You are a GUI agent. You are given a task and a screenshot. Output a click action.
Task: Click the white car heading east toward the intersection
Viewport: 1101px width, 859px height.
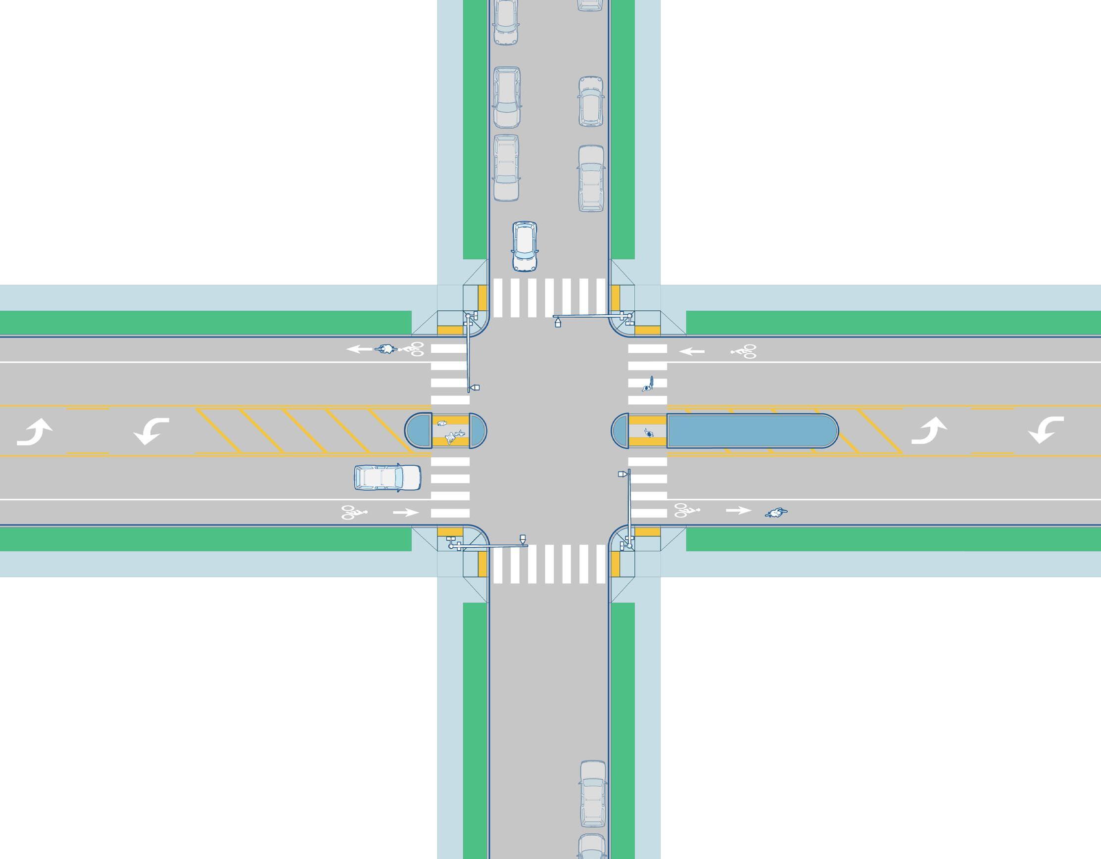click(387, 477)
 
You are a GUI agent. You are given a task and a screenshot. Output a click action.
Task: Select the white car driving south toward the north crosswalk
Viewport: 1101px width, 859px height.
click(525, 246)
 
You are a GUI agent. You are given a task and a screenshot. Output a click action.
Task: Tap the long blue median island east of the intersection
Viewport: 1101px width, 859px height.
click(752, 430)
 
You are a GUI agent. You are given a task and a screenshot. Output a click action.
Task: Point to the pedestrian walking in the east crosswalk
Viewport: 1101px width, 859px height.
click(648, 384)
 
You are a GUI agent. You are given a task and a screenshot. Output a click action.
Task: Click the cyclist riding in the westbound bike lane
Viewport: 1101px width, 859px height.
click(385, 349)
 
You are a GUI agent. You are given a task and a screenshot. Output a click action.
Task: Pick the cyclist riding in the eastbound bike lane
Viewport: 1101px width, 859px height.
click(776, 513)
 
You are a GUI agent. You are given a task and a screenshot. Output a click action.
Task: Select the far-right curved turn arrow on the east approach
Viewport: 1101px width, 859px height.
click(1046, 430)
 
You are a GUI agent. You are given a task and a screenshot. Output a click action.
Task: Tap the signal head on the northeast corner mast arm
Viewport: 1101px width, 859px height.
click(558, 322)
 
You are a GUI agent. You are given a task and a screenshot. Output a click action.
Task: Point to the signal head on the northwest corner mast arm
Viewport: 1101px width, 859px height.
click(475, 387)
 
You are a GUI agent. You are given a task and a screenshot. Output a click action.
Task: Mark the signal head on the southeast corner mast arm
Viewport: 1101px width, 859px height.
click(622, 474)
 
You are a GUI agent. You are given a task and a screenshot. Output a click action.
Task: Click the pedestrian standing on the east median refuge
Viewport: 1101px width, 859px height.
click(649, 432)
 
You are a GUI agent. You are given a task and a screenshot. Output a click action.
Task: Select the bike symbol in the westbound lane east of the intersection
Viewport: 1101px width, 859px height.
click(744, 351)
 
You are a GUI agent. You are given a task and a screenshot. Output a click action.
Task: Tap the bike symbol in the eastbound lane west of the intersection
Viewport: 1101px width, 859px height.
click(354, 512)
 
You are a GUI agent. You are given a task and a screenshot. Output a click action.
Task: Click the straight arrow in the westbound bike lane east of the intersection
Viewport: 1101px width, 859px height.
click(692, 351)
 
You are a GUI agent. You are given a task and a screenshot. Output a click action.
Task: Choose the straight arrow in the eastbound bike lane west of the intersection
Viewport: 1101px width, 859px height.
click(405, 513)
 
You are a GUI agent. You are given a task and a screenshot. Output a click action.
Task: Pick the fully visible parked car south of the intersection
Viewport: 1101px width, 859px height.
click(592, 794)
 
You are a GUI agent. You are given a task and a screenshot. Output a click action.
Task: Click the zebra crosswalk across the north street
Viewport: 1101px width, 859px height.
click(549, 297)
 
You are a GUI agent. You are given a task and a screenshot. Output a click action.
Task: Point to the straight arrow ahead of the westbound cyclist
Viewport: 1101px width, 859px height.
click(359, 349)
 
